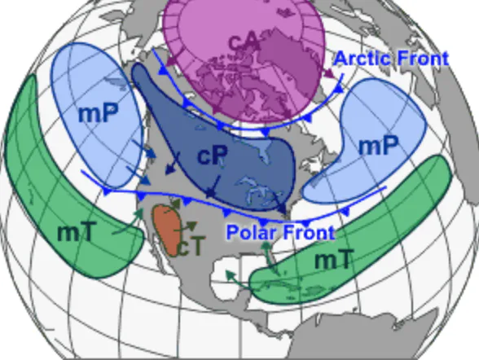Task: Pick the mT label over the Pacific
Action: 76,231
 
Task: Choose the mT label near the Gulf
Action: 334,260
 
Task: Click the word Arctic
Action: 363,59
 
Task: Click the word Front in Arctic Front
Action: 420,59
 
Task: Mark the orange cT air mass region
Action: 168,228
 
